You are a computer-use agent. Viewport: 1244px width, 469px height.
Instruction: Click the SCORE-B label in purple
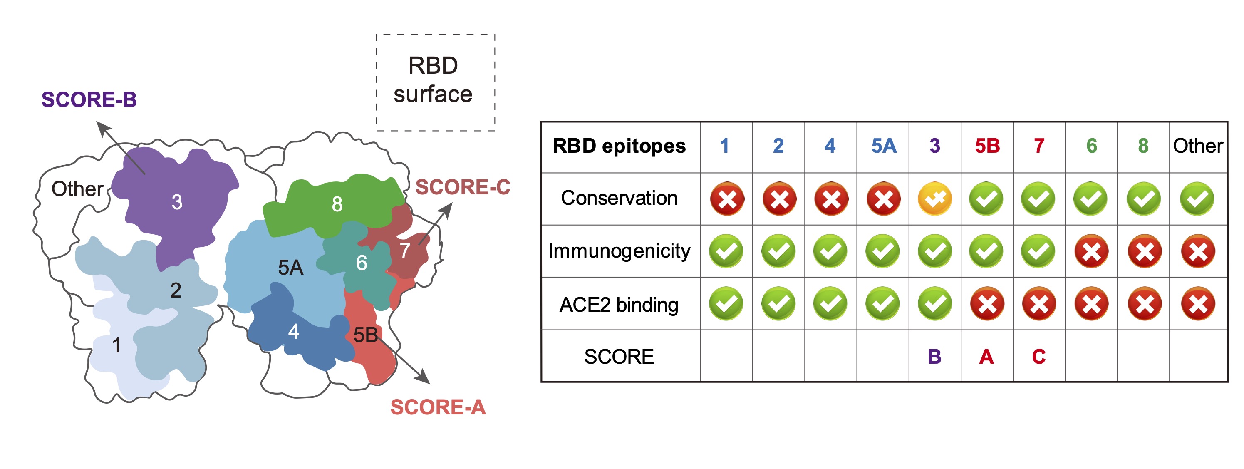[x=89, y=100]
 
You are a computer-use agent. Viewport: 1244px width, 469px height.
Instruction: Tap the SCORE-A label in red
[x=438, y=407]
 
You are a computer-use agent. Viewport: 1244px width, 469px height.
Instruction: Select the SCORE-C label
[x=462, y=187]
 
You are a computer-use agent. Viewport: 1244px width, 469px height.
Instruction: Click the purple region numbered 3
[x=177, y=202]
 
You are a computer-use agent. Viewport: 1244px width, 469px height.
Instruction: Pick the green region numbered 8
[x=337, y=204]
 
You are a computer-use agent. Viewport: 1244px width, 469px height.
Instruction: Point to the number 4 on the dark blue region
[x=293, y=332]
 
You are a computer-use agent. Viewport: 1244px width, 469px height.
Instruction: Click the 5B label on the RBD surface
[x=365, y=335]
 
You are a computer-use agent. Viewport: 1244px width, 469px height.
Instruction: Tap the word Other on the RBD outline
[x=77, y=189]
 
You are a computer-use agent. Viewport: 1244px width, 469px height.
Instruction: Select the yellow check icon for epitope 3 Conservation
[x=934, y=199]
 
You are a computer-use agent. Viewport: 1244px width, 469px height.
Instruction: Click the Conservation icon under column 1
[x=727, y=199]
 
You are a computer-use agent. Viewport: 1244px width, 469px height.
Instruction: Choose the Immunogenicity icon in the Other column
[x=1198, y=251]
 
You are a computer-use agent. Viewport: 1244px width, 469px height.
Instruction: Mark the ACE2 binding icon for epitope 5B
[x=986, y=304]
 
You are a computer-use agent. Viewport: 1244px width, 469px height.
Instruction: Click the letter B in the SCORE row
[x=934, y=357]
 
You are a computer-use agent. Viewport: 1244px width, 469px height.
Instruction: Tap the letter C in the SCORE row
[x=1039, y=357]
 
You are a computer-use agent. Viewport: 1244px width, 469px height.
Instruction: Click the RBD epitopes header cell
[x=619, y=146]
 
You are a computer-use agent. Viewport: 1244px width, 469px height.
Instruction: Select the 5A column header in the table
[x=883, y=146]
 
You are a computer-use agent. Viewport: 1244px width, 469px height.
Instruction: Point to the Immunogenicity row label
[x=619, y=251]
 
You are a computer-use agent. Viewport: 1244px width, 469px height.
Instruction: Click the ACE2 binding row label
[x=619, y=305]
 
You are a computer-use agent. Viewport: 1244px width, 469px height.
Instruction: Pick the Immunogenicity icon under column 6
[x=1091, y=251]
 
